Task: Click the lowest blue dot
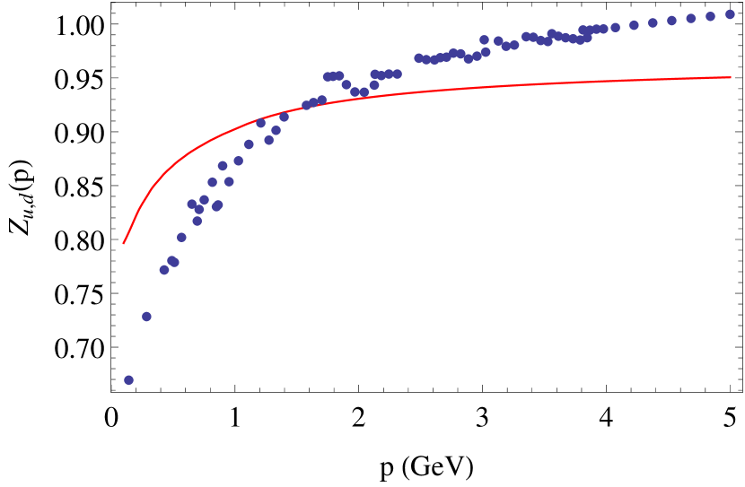coord(128,380)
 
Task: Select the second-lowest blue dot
coord(146,317)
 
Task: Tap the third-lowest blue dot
coord(164,270)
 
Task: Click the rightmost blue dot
coord(730,14)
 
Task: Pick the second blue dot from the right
coord(710,16)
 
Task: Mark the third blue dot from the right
coord(691,18)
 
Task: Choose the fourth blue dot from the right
coord(671,21)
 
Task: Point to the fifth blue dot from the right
coord(653,22)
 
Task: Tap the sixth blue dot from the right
coord(634,25)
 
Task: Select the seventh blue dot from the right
coord(615,28)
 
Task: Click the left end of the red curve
coord(124,243)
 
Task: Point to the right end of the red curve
coord(731,77)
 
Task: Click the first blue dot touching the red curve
coord(260,123)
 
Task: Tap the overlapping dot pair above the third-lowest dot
coord(173,261)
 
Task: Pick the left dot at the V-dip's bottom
coord(355,91)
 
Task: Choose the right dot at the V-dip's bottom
coord(364,91)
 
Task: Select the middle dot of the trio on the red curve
coord(313,102)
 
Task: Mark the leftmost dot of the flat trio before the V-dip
coord(328,76)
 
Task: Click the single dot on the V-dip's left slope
coord(346,84)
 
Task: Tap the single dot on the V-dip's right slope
coord(374,85)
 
